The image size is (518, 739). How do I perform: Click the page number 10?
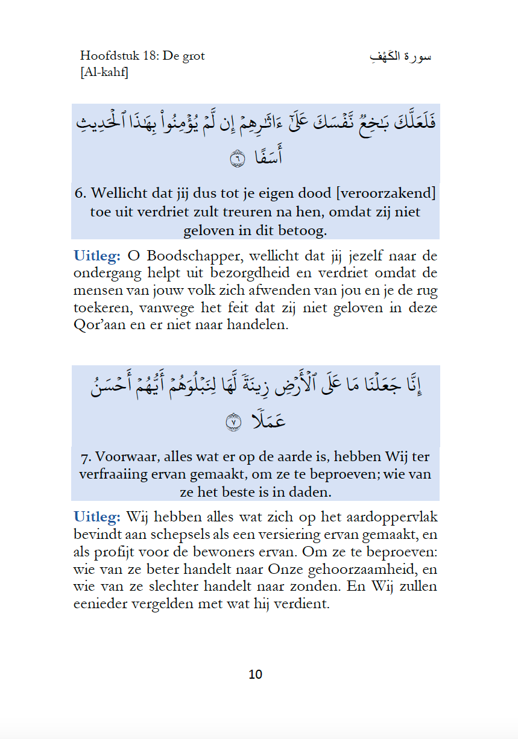(x=255, y=674)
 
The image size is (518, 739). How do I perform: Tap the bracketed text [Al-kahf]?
(x=104, y=72)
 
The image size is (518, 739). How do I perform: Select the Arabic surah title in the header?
(x=400, y=57)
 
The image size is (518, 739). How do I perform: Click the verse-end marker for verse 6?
(x=238, y=159)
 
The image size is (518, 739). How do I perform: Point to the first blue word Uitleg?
(x=96, y=255)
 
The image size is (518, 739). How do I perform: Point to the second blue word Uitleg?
(x=96, y=517)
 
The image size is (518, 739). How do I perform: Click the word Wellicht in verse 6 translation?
(x=118, y=193)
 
